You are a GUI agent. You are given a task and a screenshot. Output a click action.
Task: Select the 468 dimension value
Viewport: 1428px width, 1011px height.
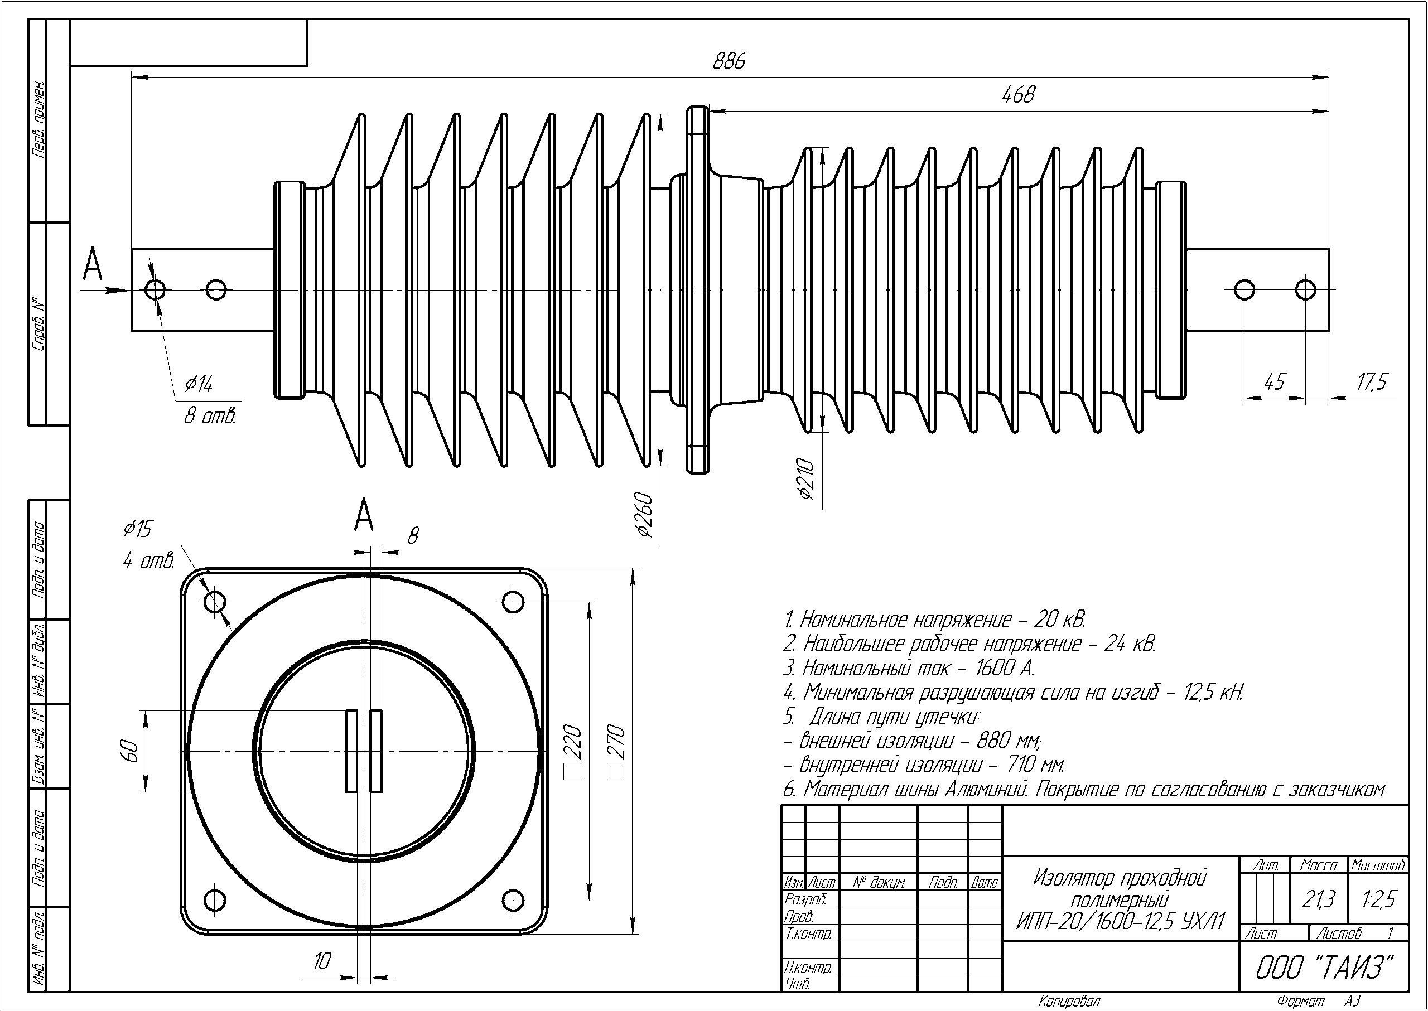coord(1018,95)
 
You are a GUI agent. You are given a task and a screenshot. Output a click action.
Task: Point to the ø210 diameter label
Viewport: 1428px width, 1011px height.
coord(806,480)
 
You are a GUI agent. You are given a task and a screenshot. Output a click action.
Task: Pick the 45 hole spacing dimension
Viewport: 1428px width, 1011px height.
coord(1274,381)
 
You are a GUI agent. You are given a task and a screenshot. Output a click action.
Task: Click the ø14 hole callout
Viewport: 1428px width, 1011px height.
coord(199,384)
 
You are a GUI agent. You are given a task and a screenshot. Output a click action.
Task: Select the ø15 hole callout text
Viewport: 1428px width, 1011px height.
coord(138,529)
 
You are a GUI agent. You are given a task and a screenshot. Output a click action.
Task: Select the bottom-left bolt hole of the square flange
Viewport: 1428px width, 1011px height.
coord(215,899)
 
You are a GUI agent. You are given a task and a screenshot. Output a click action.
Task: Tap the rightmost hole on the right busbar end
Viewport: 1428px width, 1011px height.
coord(1305,289)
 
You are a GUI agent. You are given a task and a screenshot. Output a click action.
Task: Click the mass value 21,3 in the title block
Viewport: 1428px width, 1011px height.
coord(1319,899)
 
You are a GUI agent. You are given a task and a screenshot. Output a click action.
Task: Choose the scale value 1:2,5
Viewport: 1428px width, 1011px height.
coord(1379,899)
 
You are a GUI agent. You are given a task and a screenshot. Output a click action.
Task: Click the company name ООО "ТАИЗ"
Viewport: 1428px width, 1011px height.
coord(1323,968)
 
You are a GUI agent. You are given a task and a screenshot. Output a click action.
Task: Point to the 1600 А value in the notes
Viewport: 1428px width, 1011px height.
coord(1004,668)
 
